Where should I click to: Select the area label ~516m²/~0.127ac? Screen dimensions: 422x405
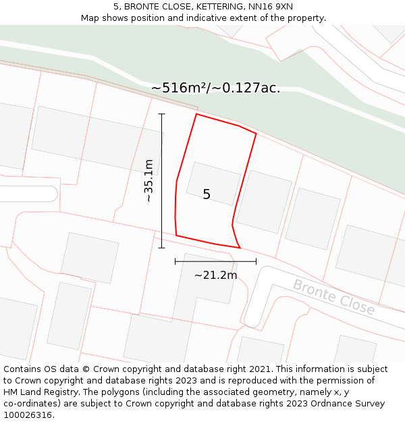pos(215,88)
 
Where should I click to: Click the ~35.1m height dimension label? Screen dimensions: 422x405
pos(149,180)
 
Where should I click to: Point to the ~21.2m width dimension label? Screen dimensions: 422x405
pos(215,275)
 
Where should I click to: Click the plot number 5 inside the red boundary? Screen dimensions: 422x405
pos(207,194)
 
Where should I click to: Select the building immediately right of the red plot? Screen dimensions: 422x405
pos(264,201)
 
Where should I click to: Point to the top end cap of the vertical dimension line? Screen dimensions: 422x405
pos(161,114)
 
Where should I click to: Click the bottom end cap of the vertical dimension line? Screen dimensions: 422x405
pos(161,248)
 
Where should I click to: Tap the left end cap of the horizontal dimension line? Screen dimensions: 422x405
pos(175,261)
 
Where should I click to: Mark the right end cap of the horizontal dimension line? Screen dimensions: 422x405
pos(256,261)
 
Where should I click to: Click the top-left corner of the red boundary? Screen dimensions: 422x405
pos(196,114)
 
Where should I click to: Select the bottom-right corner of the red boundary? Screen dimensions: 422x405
pos(240,248)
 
